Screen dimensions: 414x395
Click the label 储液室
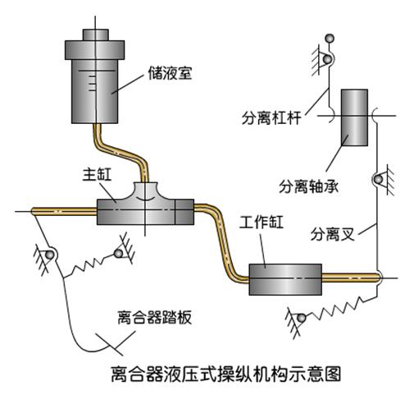[x=170, y=73]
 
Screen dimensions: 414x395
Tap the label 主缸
[x=97, y=174]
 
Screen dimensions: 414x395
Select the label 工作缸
[x=261, y=222]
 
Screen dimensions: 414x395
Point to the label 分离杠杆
[x=271, y=118]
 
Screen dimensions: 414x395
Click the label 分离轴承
[x=308, y=186]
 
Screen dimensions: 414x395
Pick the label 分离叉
[x=333, y=234]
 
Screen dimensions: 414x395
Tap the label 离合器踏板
[x=154, y=317]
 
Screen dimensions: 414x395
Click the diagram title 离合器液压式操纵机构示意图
[x=226, y=374]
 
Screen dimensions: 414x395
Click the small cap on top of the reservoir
[x=96, y=34]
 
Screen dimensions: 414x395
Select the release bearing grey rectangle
[x=354, y=117]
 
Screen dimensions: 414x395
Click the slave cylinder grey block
[x=285, y=279]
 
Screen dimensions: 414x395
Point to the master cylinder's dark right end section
[x=184, y=212]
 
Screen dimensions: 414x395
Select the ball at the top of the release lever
[x=329, y=39]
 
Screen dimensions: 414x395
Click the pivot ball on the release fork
[x=379, y=180]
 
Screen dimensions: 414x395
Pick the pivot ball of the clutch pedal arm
[x=49, y=255]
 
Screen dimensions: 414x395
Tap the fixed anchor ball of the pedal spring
[x=118, y=253]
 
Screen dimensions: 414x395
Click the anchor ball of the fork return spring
[x=302, y=318]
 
